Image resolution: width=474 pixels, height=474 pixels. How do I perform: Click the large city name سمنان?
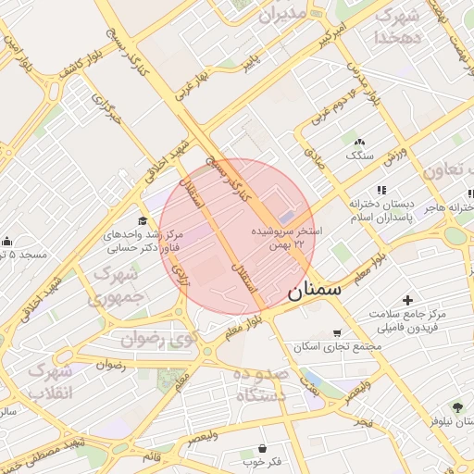point(315,291)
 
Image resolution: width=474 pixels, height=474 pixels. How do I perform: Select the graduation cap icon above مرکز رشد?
point(143,220)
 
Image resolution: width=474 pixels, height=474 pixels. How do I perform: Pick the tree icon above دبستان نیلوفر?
point(456,406)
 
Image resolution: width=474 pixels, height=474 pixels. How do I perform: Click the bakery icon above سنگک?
point(359,141)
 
